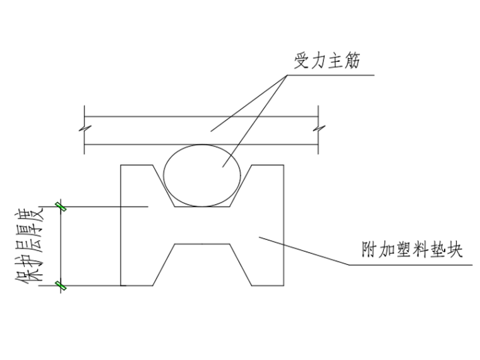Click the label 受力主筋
[327, 62]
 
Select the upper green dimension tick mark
[61, 206]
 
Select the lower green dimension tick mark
[61, 285]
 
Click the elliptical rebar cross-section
[202, 175]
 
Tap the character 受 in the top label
[301, 62]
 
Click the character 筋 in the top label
[351, 62]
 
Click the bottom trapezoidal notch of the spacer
[202, 265]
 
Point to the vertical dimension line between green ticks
[61, 246]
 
